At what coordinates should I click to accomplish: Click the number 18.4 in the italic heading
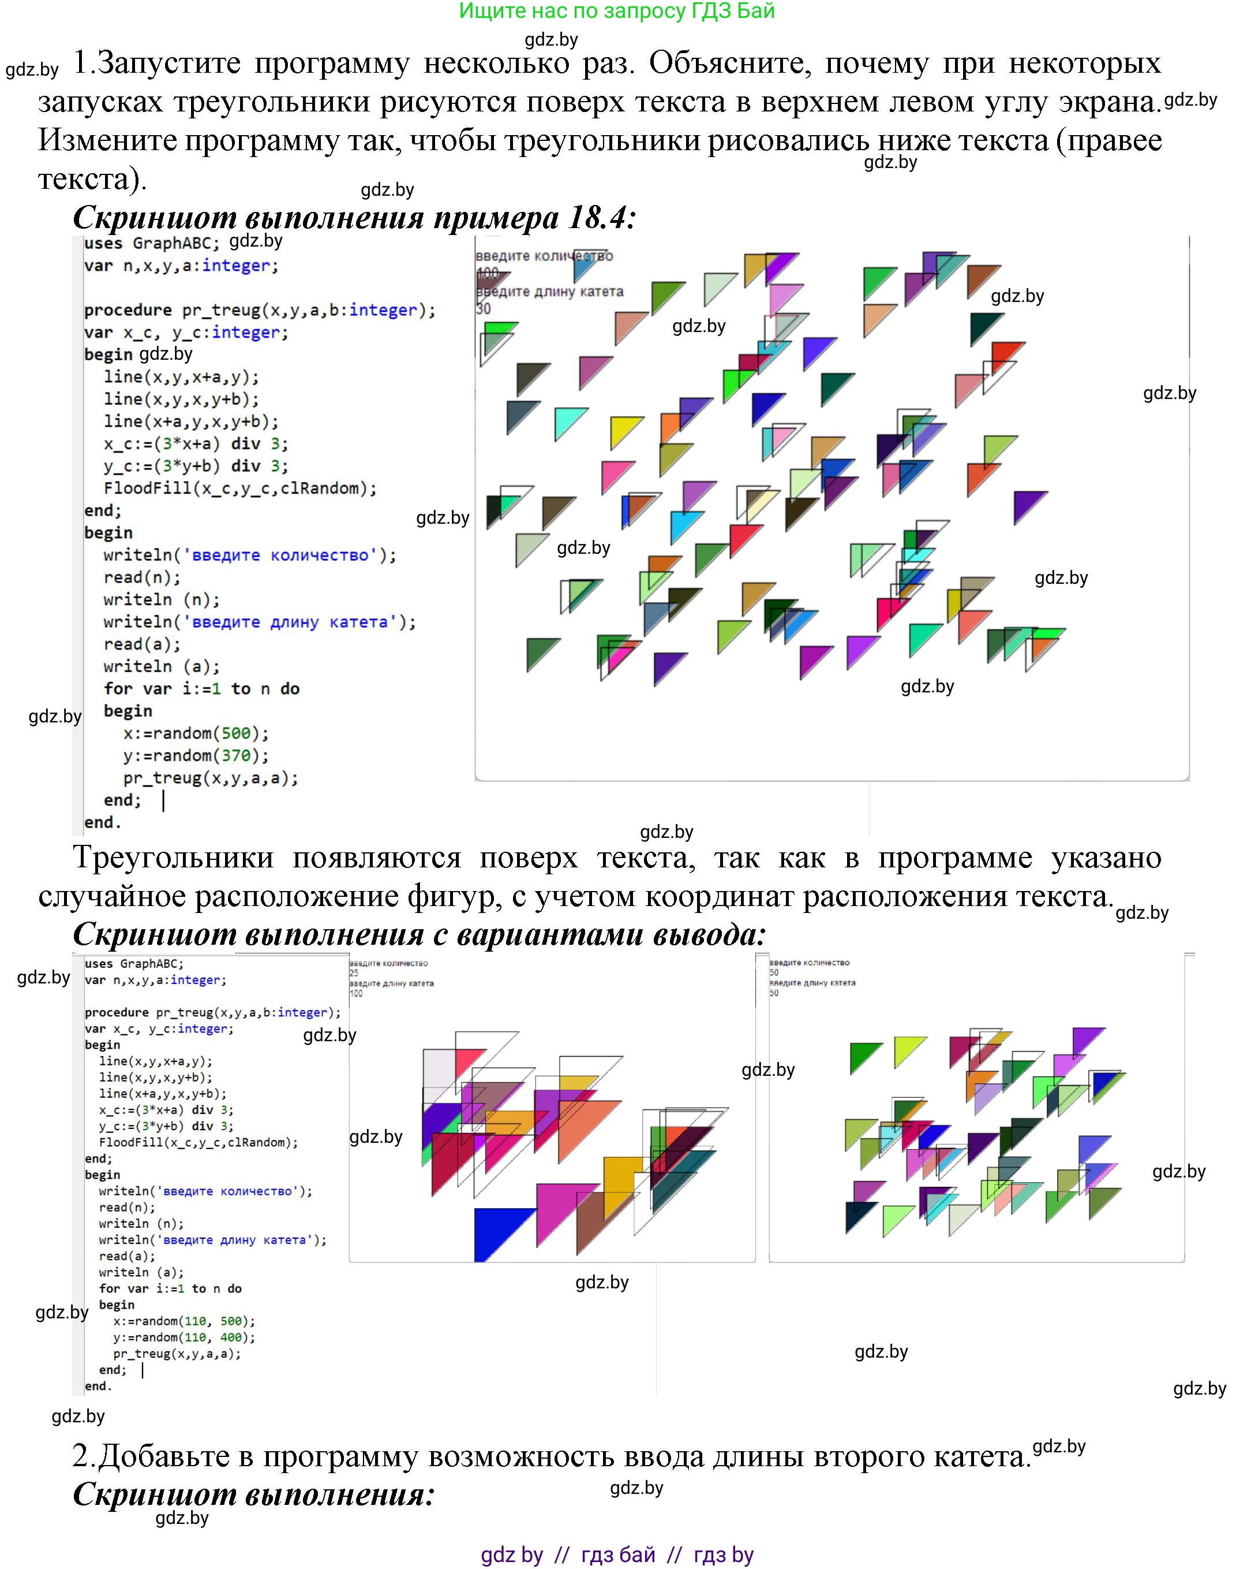[597, 217]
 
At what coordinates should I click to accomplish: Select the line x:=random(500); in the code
[196, 733]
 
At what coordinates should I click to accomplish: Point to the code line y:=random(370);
[196, 756]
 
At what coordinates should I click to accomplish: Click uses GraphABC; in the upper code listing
[151, 243]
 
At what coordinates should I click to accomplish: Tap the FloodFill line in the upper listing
[239, 489]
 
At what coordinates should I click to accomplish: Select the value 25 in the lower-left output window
[354, 973]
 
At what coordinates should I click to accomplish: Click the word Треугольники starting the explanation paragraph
[173, 858]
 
